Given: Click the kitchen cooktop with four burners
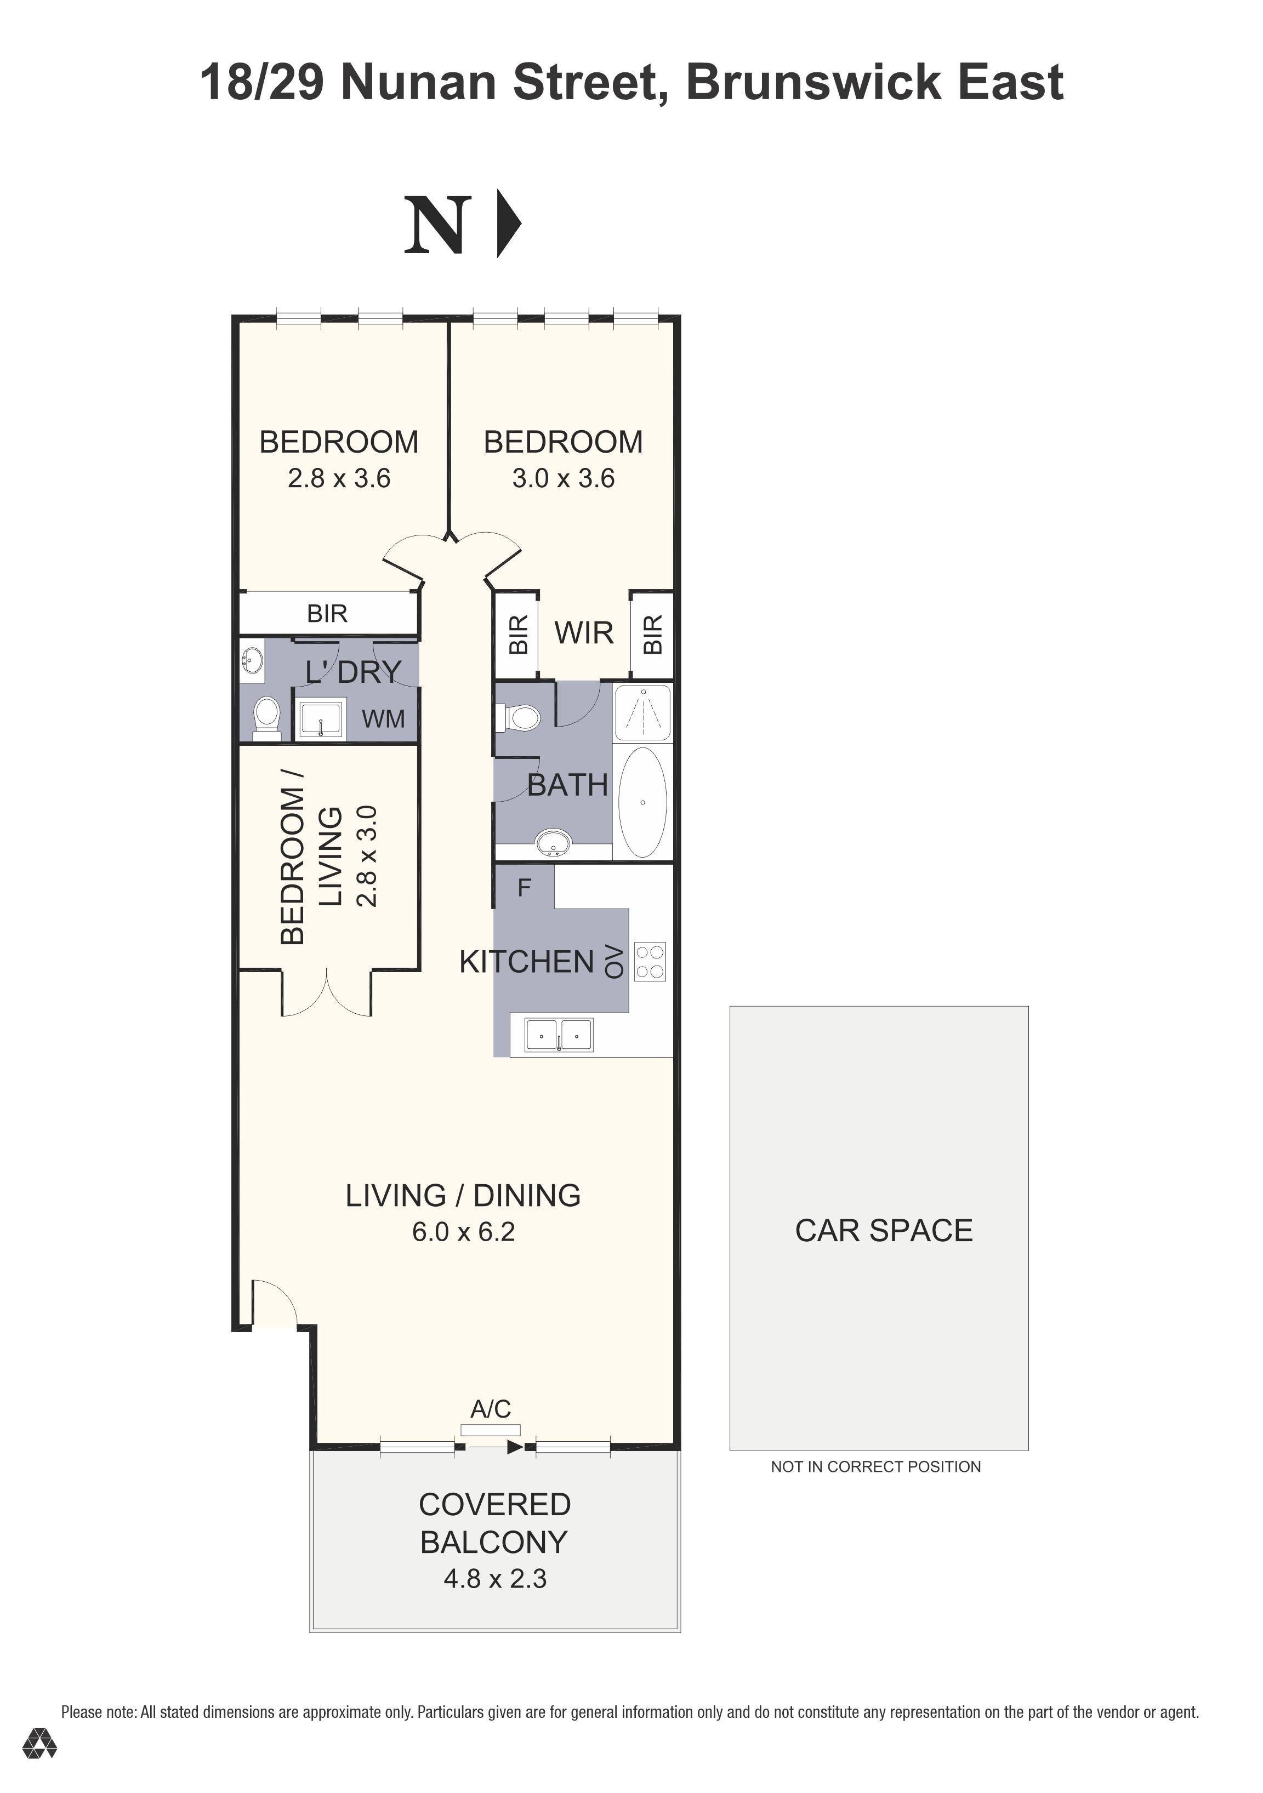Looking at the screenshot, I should coord(649,961).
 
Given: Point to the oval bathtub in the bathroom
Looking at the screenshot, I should coord(642,802).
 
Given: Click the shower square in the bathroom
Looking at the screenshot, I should coord(642,713).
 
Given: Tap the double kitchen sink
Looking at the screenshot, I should coord(559,1036).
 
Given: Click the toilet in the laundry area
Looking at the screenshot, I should coord(267,717).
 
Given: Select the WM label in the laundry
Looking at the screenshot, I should coord(383,718).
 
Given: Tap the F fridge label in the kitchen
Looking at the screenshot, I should coord(524,887).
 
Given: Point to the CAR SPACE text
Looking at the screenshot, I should coord(884,1231).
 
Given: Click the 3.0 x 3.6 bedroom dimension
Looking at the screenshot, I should coord(563,478).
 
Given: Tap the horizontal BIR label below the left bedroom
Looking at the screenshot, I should coord(327,614).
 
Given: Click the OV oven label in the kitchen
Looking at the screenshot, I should coord(615,961).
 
